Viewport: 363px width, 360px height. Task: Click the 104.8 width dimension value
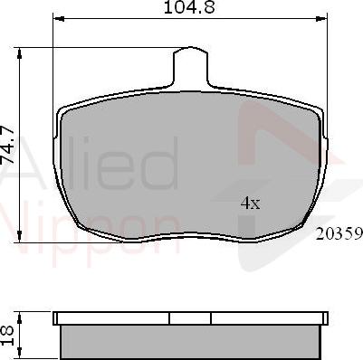click(x=188, y=8)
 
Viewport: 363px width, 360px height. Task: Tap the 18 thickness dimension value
click(x=8, y=334)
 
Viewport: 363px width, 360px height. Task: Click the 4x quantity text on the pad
click(x=250, y=204)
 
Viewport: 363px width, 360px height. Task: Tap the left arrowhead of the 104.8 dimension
click(x=57, y=20)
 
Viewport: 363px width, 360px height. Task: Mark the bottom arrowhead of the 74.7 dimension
click(x=20, y=240)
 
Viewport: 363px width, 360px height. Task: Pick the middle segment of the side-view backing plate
click(x=190, y=318)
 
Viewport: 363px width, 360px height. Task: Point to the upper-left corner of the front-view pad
click(x=63, y=109)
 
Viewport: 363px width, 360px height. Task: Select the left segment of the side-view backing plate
click(x=112, y=318)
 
